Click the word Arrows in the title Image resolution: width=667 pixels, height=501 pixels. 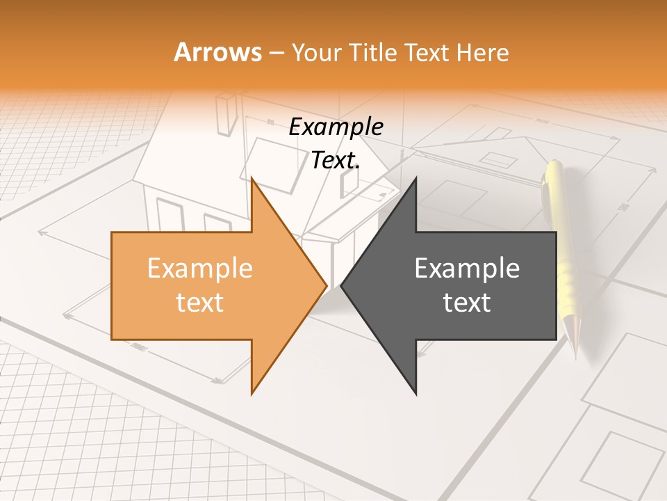point(217,52)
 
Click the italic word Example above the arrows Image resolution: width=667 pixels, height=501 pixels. point(336,127)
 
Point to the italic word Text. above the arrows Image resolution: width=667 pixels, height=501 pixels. point(336,161)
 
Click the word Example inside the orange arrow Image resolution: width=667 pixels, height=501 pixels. point(199,269)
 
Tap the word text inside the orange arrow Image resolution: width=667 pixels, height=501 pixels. point(199,303)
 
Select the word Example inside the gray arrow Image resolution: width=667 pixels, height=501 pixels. point(467,269)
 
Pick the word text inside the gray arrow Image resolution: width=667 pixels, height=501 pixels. point(467,303)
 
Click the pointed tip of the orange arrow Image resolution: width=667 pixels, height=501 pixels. point(325,285)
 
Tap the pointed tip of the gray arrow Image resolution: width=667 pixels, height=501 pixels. point(343,285)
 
